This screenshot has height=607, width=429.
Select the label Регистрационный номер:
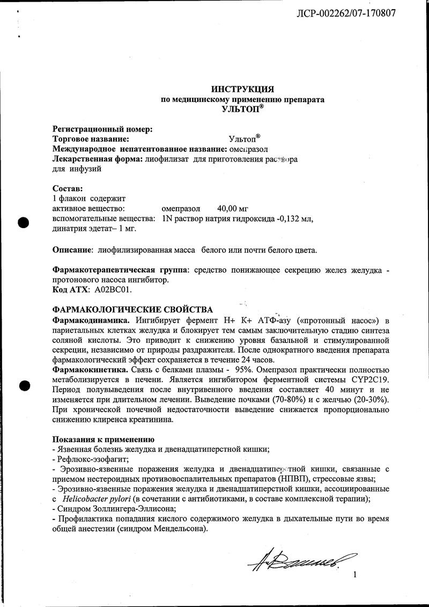point(102,129)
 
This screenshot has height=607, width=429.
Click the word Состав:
point(68,189)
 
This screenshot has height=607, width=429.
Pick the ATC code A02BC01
point(113,289)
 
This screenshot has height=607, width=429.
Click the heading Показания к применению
point(102,439)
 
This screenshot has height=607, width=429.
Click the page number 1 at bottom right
point(354,575)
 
